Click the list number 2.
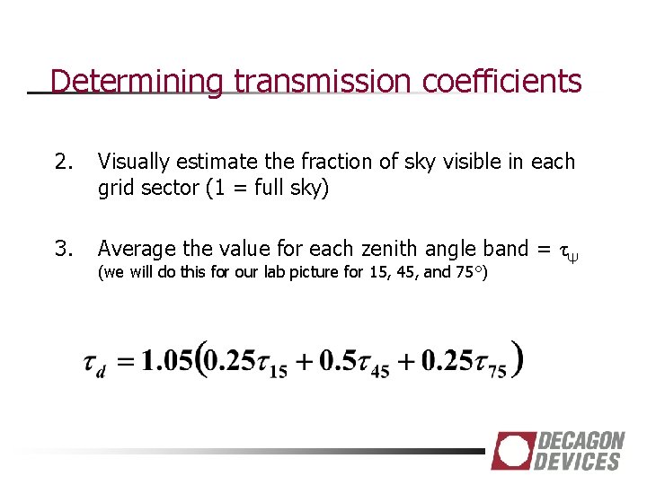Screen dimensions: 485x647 [x=62, y=162]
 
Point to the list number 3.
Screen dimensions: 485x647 [x=62, y=248]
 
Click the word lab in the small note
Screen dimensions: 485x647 [x=251, y=272]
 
